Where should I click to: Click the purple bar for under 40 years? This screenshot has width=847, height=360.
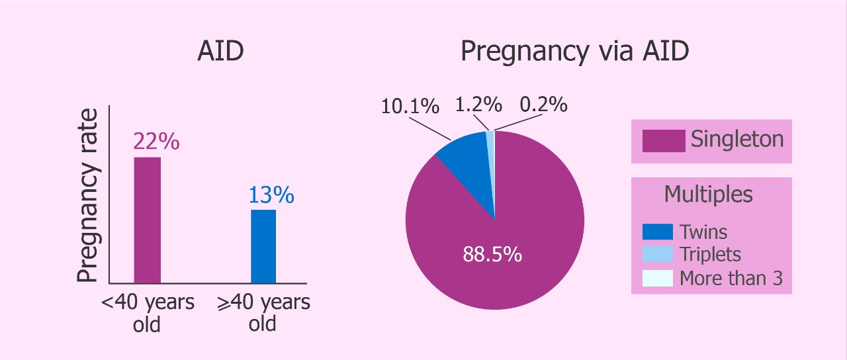point(147,220)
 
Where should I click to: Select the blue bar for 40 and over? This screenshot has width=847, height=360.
point(263,246)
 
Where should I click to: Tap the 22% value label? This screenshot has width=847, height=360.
point(156,142)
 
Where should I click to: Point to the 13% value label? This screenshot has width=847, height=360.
point(271,195)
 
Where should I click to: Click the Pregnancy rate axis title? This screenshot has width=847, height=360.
point(88,196)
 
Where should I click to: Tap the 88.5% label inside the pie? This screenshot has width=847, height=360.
point(492,254)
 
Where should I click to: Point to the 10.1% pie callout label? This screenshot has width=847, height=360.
point(410,106)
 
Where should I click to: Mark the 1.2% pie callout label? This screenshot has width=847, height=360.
point(478,105)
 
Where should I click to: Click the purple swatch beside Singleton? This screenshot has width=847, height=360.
point(663,141)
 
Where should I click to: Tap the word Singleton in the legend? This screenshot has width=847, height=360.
point(737,140)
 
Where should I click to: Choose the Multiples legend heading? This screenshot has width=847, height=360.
point(708,195)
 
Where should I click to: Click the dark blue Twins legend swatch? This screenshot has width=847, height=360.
point(658,232)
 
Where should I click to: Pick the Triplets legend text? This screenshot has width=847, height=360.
point(710,255)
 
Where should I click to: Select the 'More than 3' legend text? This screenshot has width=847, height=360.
point(731,279)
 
